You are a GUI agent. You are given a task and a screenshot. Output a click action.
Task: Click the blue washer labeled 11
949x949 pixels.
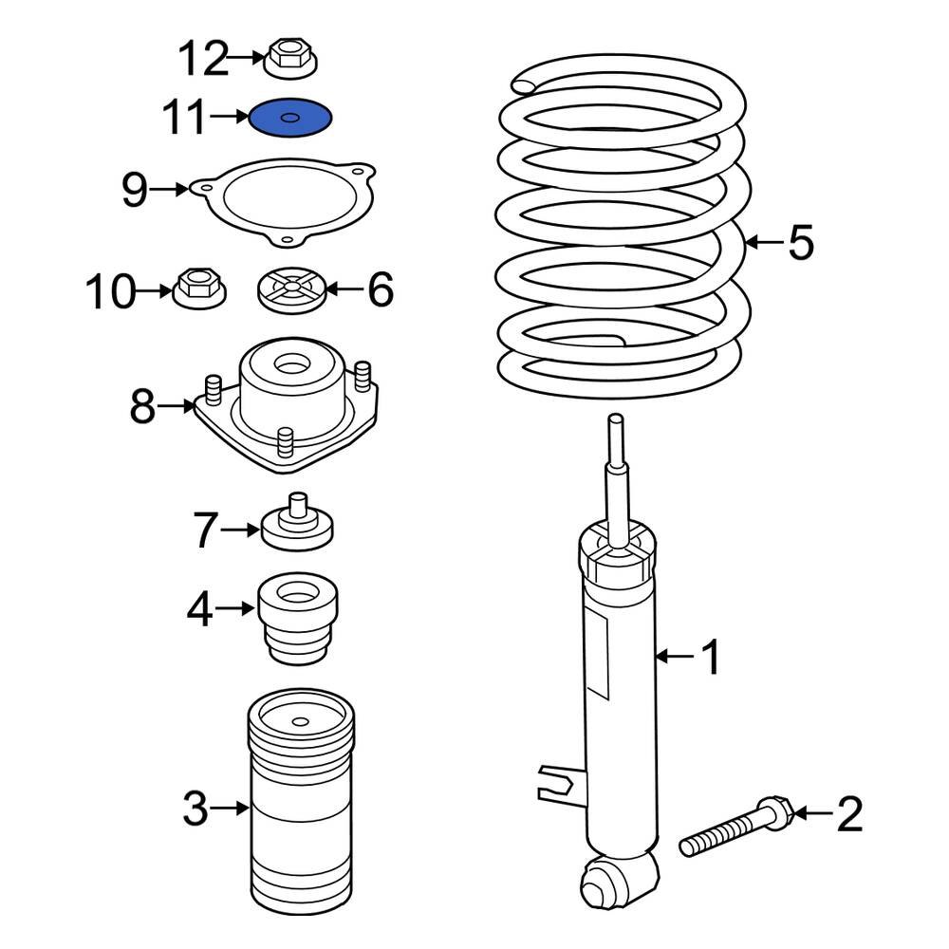tap(289, 119)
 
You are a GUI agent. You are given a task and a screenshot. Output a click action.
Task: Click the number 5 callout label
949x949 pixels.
tap(800, 243)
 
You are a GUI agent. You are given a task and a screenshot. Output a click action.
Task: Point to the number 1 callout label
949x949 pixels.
tap(711, 657)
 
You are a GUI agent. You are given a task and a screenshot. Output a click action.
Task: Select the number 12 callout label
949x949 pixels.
tap(204, 60)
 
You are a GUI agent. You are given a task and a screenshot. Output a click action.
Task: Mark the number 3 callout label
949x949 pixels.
tap(195, 809)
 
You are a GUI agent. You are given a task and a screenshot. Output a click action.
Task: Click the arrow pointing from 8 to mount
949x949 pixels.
tap(177, 407)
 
